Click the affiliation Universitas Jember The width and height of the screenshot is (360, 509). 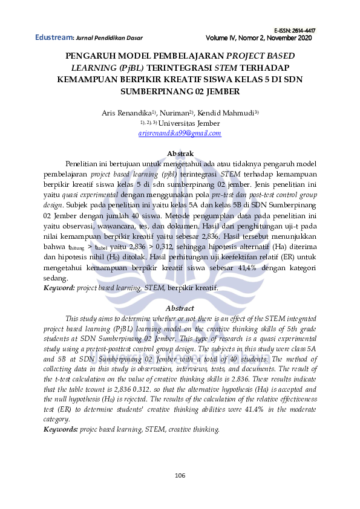(x=194, y=123)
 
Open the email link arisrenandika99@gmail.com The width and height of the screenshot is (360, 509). (x=180, y=133)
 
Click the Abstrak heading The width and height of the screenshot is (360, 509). (x=180, y=154)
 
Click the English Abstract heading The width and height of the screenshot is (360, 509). (x=180, y=308)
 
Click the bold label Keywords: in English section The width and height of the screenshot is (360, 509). (x=61, y=429)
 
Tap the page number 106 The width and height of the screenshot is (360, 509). (x=180, y=475)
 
